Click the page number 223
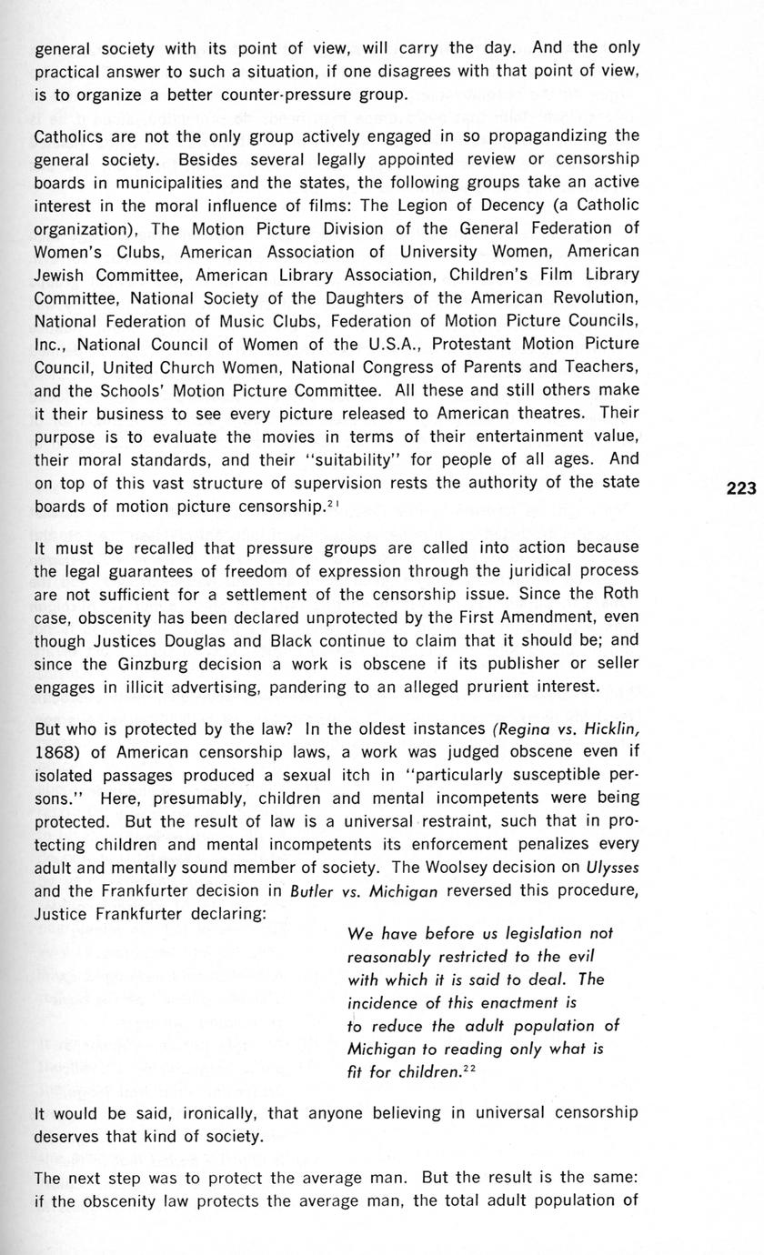click(741, 488)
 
